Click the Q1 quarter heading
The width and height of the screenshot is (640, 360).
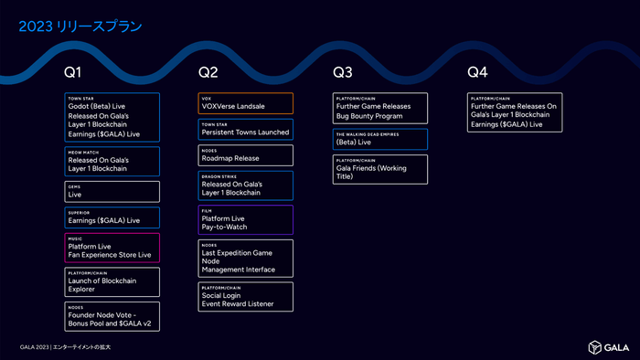tap(73, 71)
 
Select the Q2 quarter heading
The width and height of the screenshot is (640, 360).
tap(208, 71)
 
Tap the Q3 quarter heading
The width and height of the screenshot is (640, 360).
tap(342, 71)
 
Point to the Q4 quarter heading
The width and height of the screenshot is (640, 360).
tap(477, 71)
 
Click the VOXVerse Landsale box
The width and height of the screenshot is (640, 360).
tap(246, 102)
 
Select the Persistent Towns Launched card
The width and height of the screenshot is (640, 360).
tap(246, 129)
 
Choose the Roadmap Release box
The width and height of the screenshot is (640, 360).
tap(246, 154)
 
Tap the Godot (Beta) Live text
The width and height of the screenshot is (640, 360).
tap(97, 106)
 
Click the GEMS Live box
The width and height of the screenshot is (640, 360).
tap(112, 191)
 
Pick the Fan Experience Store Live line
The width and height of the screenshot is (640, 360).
tap(110, 254)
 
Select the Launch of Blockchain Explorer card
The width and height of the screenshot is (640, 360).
tap(112, 282)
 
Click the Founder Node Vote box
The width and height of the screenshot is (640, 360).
tap(112, 316)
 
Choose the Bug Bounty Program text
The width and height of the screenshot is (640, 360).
tap(369, 116)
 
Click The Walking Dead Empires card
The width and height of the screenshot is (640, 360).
tap(379, 139)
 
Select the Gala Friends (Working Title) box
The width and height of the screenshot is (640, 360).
tap(379, 169)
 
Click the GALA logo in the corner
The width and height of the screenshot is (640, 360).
tap(608, 346)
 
